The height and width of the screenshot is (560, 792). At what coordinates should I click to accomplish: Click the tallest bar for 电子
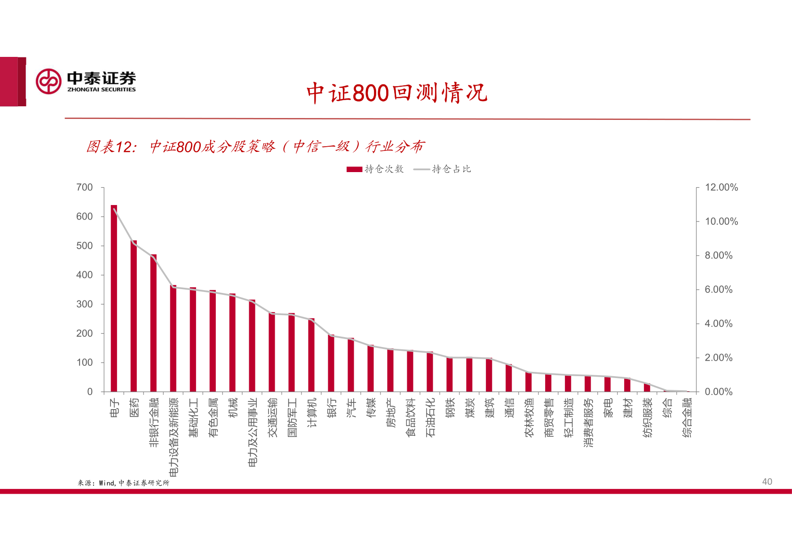[x=114, y=299]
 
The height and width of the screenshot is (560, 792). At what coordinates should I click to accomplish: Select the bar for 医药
[x=134, y=316]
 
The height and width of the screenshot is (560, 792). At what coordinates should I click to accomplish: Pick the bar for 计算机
[x=311, y=355]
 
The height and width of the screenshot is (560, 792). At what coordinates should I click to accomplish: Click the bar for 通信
[x=509, y=378]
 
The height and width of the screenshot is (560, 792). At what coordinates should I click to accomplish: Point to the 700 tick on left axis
[x=85, y=188]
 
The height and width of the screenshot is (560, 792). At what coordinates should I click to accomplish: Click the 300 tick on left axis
[x=85, y=304]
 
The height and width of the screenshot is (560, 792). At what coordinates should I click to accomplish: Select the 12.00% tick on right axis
[x=721, y=188]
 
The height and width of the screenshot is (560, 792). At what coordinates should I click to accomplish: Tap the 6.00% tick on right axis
[x=718, y=290]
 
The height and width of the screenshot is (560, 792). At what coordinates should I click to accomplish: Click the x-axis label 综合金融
[x=687, y=418]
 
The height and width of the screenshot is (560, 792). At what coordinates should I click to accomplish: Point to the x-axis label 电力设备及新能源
[x=174, y=437]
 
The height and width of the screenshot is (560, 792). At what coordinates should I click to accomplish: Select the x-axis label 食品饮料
[x=411, y=418]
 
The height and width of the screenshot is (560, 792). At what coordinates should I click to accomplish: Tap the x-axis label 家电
[x=608, y=408]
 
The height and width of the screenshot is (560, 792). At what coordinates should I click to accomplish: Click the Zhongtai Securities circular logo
[x=48, y=81]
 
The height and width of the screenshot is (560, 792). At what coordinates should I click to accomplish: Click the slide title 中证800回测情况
[x=396, y=93]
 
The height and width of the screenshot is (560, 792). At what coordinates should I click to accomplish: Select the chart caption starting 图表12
[x=255, y=147]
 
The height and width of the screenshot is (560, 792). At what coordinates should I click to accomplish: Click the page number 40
[x=767, y=481]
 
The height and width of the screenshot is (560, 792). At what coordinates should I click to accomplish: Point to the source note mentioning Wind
[x=123, y=483]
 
